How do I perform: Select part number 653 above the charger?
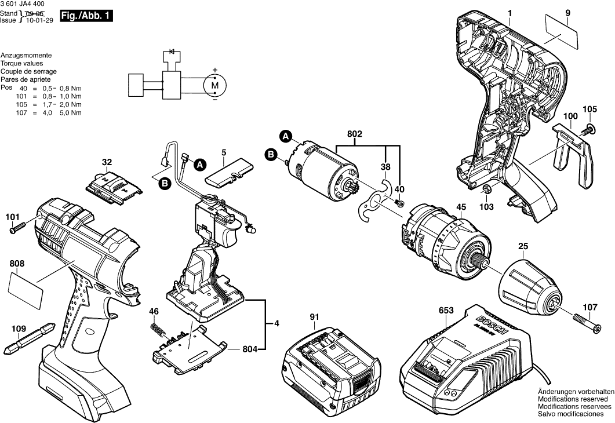tap(446, 311)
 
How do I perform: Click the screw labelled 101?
tap(17, 228)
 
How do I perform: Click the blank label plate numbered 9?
tap(562, 34)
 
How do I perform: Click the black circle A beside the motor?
tap(286, 137)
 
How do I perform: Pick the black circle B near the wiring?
tap(164, 183)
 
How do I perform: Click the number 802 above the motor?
tap(355, 134)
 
